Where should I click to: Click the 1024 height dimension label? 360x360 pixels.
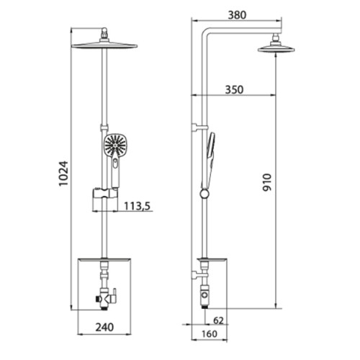(x=64, y=174)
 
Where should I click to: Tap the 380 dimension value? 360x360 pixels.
(x=237, y=15)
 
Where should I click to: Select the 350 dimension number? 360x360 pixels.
(x=234, y=90)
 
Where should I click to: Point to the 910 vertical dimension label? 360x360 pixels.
(x=267, y=182)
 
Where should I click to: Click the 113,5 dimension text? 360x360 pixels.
(x=137, y=206)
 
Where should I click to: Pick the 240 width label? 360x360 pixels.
(x=104, y=327)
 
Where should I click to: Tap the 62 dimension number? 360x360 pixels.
(x=218, y=320)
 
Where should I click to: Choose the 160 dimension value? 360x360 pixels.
(x=210, y=334)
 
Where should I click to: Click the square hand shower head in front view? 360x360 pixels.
(x=115, y=145)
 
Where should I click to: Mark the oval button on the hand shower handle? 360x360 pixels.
(x=116, y=164)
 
